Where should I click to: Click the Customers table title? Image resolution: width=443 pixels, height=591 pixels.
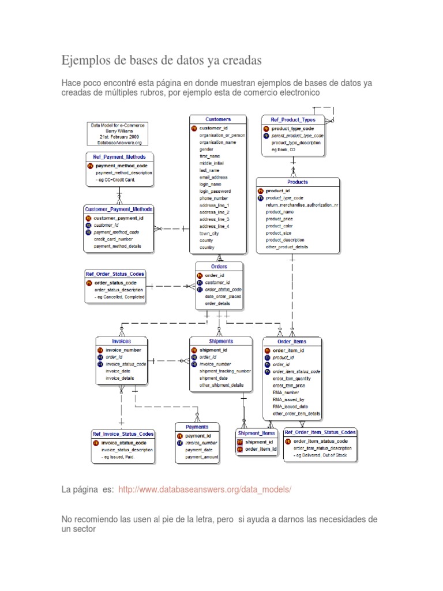(218, 119)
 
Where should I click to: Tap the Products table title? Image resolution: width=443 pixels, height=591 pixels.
(298, 182)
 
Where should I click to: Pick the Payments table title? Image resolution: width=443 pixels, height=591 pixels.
(197, 427)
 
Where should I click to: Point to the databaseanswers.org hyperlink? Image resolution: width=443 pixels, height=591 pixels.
(205, 489)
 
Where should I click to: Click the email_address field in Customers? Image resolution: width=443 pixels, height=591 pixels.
(214, 177)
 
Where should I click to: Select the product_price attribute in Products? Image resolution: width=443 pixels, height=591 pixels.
(280, 219)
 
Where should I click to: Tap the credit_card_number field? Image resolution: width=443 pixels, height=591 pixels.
(113, 239)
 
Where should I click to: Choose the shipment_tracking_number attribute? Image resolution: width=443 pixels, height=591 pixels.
(225, 371)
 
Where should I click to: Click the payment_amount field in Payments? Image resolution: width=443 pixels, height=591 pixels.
(202, 457)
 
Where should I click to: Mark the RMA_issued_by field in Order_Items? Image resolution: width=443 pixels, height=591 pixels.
(288, 399)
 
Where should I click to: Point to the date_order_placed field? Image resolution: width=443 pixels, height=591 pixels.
(223, 296)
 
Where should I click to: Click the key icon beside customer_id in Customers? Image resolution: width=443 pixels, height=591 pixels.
(194, 128)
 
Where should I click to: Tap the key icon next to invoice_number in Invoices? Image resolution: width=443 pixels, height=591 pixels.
(100, 350)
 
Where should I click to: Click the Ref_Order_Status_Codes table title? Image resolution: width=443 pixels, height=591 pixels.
(115, 274)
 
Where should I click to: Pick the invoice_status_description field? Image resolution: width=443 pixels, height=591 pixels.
(127, 450)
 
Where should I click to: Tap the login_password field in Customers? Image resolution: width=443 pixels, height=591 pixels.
(215, 191)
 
